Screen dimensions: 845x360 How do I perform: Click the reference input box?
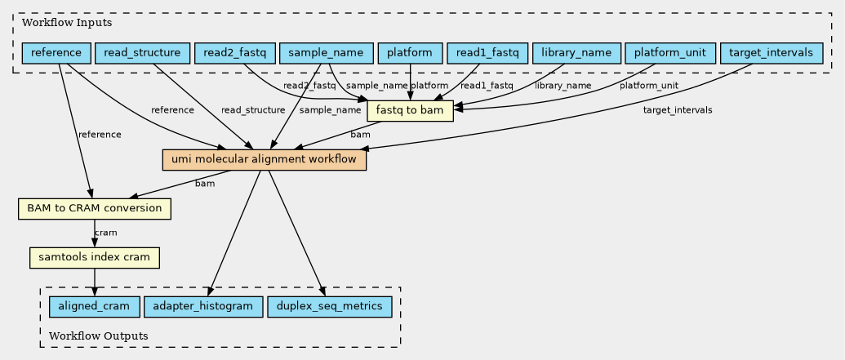[x=56, y=53]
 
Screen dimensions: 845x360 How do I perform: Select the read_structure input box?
[x=142, y=53]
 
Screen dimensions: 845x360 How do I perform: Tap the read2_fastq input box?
[x=235, y=53]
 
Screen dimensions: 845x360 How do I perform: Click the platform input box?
[x=410, y=53]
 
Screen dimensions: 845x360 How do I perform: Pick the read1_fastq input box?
[x=487, y=53]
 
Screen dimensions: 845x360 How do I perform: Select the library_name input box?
[x=576, y=53]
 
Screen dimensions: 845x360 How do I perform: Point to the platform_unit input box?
[x=670, y=53]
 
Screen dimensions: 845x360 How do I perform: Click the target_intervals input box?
[x=771, y=53]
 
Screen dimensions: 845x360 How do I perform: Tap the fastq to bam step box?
[x=410, y=111]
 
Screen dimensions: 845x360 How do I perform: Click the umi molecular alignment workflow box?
[x=264, y=160]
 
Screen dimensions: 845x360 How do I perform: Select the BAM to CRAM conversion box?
[x=95, y=208]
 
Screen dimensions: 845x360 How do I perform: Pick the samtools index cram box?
[x=95, y=257]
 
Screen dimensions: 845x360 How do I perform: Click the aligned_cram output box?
[x=95, y=307]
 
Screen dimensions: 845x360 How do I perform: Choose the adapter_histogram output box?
[x=203, y=307]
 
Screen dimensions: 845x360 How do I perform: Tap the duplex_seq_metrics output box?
[x=329, y=307]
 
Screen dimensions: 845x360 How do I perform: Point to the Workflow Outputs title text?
[x=99, y=336]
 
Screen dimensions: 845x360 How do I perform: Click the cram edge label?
[x=105, y=233]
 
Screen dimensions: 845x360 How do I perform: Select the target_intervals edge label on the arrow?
[x=678, y=110]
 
